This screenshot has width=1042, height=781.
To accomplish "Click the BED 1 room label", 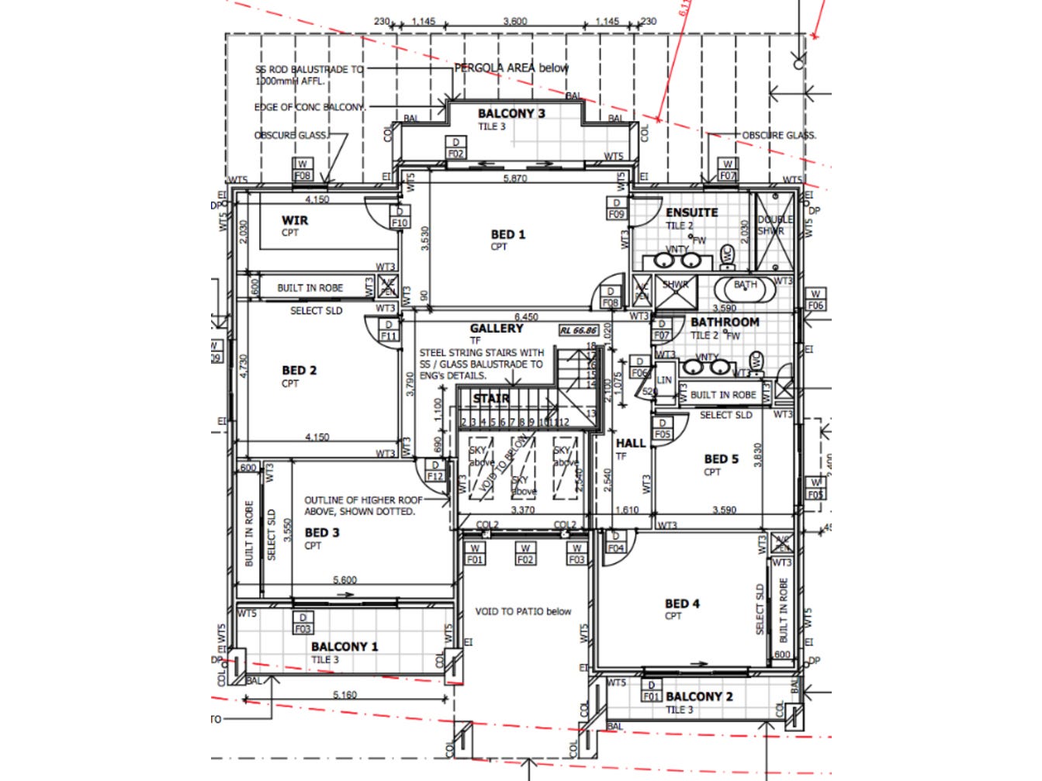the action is pyautogui.click(x=508, y=234).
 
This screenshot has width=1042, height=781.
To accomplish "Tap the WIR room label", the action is pyautogui.click(x=295, y=220).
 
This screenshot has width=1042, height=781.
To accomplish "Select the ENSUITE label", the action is pyautogui.click(x=691, y=213).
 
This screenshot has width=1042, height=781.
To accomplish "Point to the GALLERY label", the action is pyautogui.click(x=496, y=329).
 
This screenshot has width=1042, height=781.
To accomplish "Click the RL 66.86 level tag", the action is pyautogui.click(x=578, y=331).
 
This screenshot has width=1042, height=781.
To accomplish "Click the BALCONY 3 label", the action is pyautogui.click(x=511, y=113).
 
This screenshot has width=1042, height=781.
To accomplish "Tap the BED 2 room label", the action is pyautogui.click(x=299, y=371).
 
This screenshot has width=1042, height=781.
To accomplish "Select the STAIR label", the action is pyautogui.click(x=491, y=399).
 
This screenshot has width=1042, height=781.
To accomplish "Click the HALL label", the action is pyautogui.click(x=631, y=444).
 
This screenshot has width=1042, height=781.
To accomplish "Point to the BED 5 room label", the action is pyautogui.click(x=721, y=459).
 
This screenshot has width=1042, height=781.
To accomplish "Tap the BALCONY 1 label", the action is pyautogui.click(x=344, y=647).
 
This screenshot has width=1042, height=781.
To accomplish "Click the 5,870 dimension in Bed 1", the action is pyautogui.click(x=515, y=178).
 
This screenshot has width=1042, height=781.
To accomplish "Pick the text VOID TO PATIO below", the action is pyautogui.click(x=523, y=612).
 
